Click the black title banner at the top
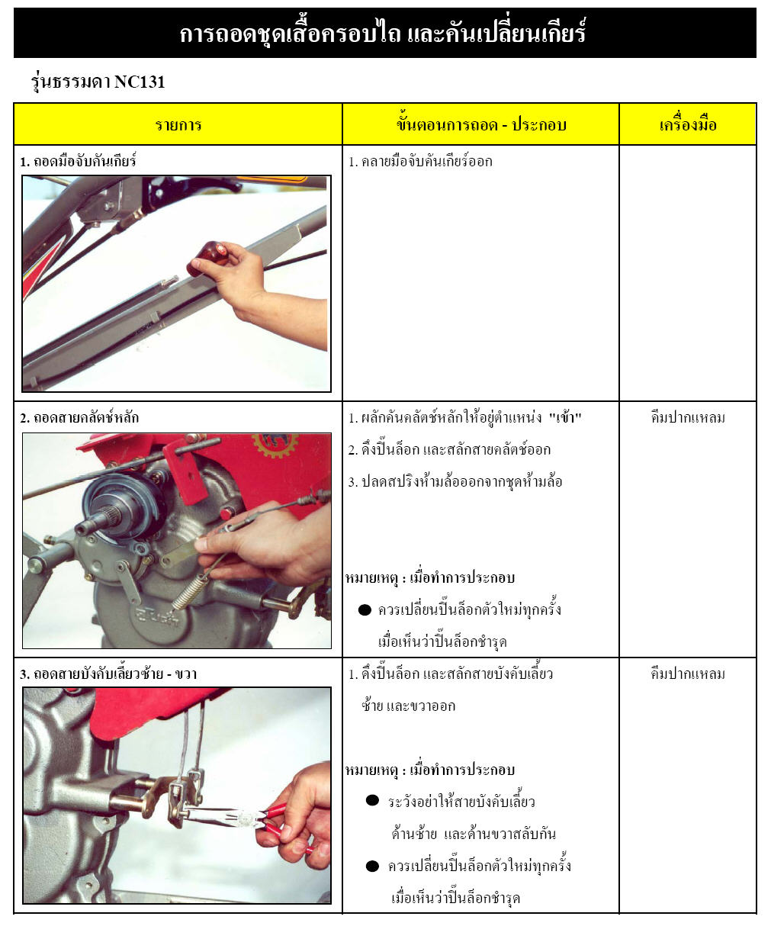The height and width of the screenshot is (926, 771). (384, 34)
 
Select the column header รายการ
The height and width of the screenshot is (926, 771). (178, 125)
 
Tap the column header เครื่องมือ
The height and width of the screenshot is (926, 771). (687, 124)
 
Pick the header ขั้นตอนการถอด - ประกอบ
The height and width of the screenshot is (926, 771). (480, 124)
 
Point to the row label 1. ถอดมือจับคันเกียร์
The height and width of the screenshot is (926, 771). (79, 162)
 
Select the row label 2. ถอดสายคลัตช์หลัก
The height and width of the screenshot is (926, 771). (79, 418)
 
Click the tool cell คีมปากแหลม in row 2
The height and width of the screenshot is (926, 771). (687, 418)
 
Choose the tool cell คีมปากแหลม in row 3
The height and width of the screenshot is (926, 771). (687, 674)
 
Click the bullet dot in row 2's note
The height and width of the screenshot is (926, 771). (365, 610)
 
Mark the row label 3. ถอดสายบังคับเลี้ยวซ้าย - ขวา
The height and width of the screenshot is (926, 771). (108, 674)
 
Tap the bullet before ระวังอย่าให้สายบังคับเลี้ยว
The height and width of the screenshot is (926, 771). (372, 801)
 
